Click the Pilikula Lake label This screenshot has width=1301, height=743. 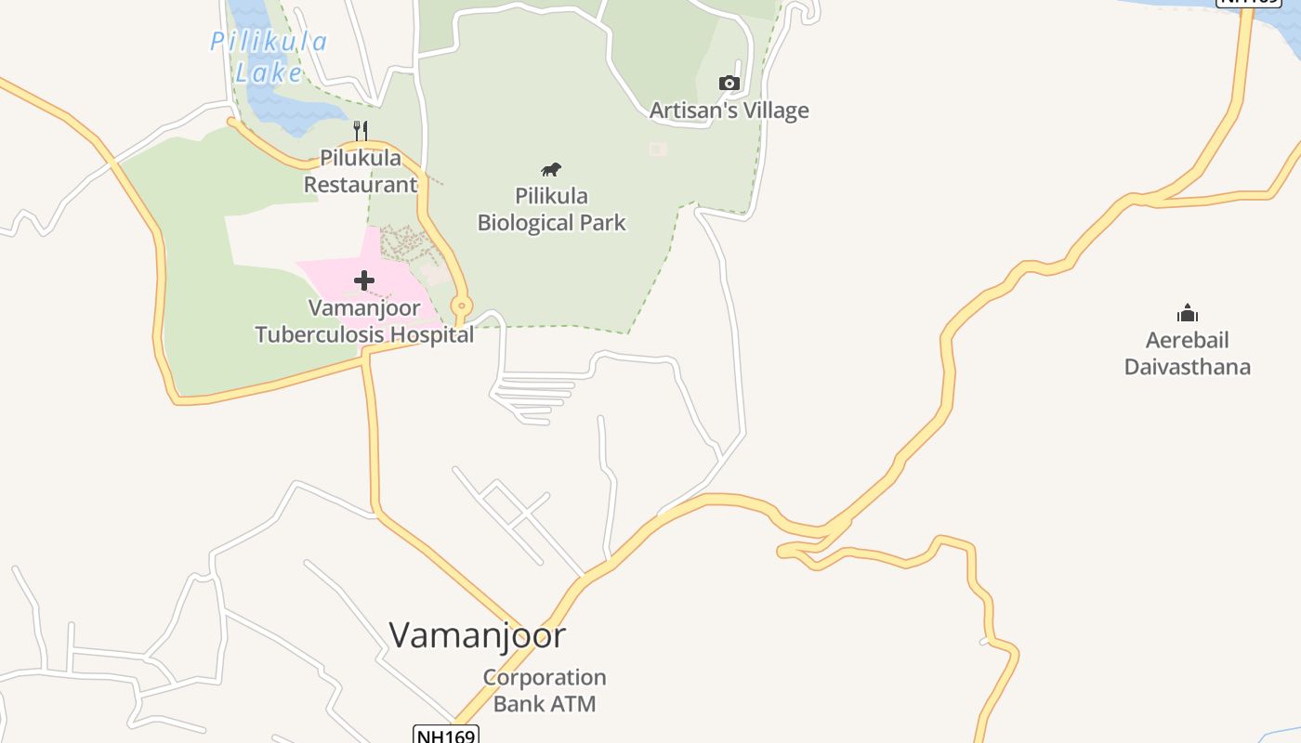268,57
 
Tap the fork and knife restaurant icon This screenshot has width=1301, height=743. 361,131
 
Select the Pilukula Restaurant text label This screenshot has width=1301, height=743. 361,171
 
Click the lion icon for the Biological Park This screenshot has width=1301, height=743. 551,169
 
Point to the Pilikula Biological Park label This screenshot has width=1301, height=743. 551,209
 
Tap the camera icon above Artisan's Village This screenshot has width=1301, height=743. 729,83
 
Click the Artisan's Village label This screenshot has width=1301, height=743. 729,111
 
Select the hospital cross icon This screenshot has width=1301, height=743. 364,280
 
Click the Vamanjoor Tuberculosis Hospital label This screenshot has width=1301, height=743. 364,320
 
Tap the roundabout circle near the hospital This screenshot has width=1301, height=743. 461,306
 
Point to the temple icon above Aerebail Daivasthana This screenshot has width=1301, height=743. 1187,313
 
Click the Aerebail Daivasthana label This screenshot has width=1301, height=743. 1187,353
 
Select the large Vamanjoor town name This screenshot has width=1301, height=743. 477,635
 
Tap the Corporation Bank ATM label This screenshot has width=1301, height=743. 545,690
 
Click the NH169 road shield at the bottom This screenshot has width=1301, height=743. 445,736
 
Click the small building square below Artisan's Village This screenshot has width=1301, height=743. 658,149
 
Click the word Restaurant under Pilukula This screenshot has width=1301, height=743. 361,184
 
